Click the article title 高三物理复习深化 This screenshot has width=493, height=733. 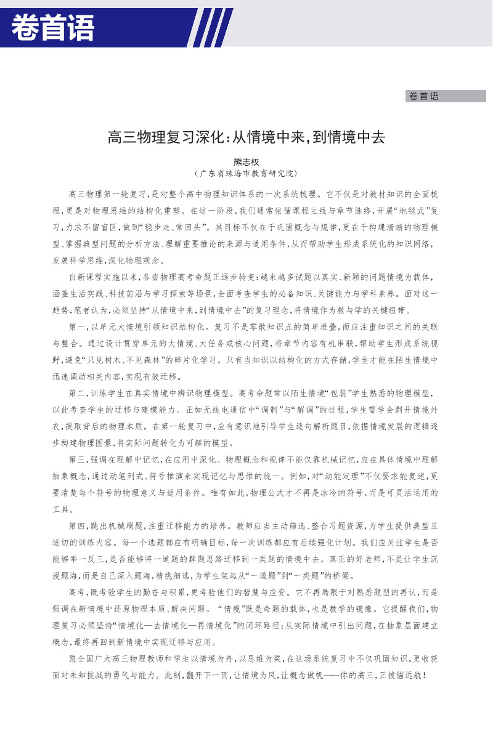click(246, 137)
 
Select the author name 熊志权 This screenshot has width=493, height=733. click(246, 163)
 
